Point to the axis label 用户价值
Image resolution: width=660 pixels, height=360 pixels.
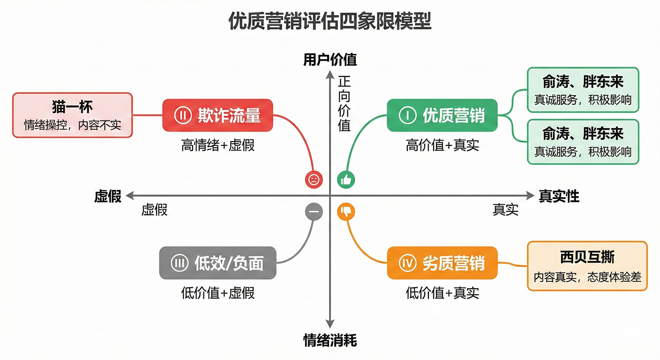[330, 60]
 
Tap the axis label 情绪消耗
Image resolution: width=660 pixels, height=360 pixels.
[330, 340]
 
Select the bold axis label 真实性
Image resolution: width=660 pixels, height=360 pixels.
[559, 196]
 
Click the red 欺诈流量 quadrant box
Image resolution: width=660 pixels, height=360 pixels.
[217, 115]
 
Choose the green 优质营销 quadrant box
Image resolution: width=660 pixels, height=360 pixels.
[442, 115]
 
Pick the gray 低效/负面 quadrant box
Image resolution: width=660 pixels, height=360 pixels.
[217, 263]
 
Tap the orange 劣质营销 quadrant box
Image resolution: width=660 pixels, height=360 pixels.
[442, 263]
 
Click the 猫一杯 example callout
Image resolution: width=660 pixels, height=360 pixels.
[72, 115]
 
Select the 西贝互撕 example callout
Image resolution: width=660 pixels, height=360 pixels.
[587, 266]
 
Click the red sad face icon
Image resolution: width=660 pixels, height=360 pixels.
[314, 179]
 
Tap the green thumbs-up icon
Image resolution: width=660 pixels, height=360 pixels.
[346, 179]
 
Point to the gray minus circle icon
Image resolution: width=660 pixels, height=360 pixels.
[314, 212]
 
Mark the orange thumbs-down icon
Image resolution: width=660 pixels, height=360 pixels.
[346, 212]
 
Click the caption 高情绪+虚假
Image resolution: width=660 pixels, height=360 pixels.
[217, 145]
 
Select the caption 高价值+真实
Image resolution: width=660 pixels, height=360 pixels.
[442, 145]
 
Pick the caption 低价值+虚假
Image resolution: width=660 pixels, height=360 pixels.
[217, 293]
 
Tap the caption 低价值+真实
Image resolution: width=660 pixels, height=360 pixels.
[442, 293]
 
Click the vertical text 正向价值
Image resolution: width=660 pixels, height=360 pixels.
[345, 104]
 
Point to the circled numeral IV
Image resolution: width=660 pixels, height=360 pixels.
[408, 263]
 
